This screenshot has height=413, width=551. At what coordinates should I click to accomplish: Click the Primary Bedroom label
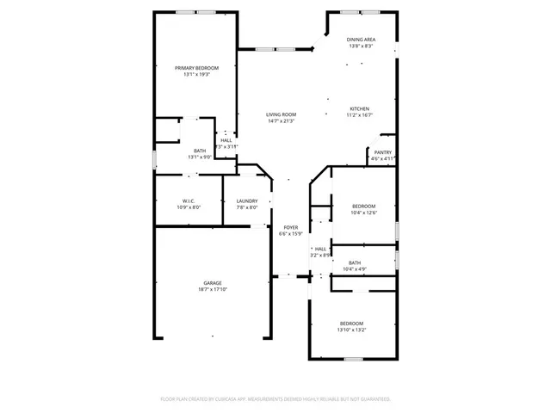point(196,68)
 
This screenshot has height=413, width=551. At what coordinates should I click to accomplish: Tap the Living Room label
point(281,114)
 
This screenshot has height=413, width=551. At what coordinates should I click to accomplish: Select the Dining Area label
point(361,40)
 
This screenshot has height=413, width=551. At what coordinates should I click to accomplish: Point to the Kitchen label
point(359,108)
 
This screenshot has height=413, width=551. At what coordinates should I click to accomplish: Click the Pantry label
point(382,152)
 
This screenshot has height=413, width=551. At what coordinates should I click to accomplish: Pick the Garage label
point(213,283)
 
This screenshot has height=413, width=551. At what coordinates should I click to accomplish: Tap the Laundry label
point(247,201)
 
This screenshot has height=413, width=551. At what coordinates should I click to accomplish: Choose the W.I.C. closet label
point(189,201)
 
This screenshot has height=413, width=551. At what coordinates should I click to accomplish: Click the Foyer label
point(291,227)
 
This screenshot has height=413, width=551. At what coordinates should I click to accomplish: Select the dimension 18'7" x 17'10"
point(213,290)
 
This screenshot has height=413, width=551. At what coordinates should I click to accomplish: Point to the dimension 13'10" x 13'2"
point(350,330)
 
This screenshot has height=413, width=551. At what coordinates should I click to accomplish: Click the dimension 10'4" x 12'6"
point(363,213)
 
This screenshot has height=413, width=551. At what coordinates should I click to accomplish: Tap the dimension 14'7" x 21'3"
point(281,121)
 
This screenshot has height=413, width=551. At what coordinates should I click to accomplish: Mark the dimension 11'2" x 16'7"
point(359,115)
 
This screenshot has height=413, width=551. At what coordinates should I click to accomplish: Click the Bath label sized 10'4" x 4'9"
point(355,262)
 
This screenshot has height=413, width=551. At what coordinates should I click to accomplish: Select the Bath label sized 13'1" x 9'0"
point(200,151)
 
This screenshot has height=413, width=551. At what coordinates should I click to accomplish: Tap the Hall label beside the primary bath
point(226,140)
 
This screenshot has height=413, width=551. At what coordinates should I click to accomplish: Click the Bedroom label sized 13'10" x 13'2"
point(350,323)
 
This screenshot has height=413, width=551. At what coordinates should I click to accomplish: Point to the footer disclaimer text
point(275,399)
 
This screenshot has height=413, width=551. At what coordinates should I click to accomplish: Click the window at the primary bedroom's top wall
point(196,12)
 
